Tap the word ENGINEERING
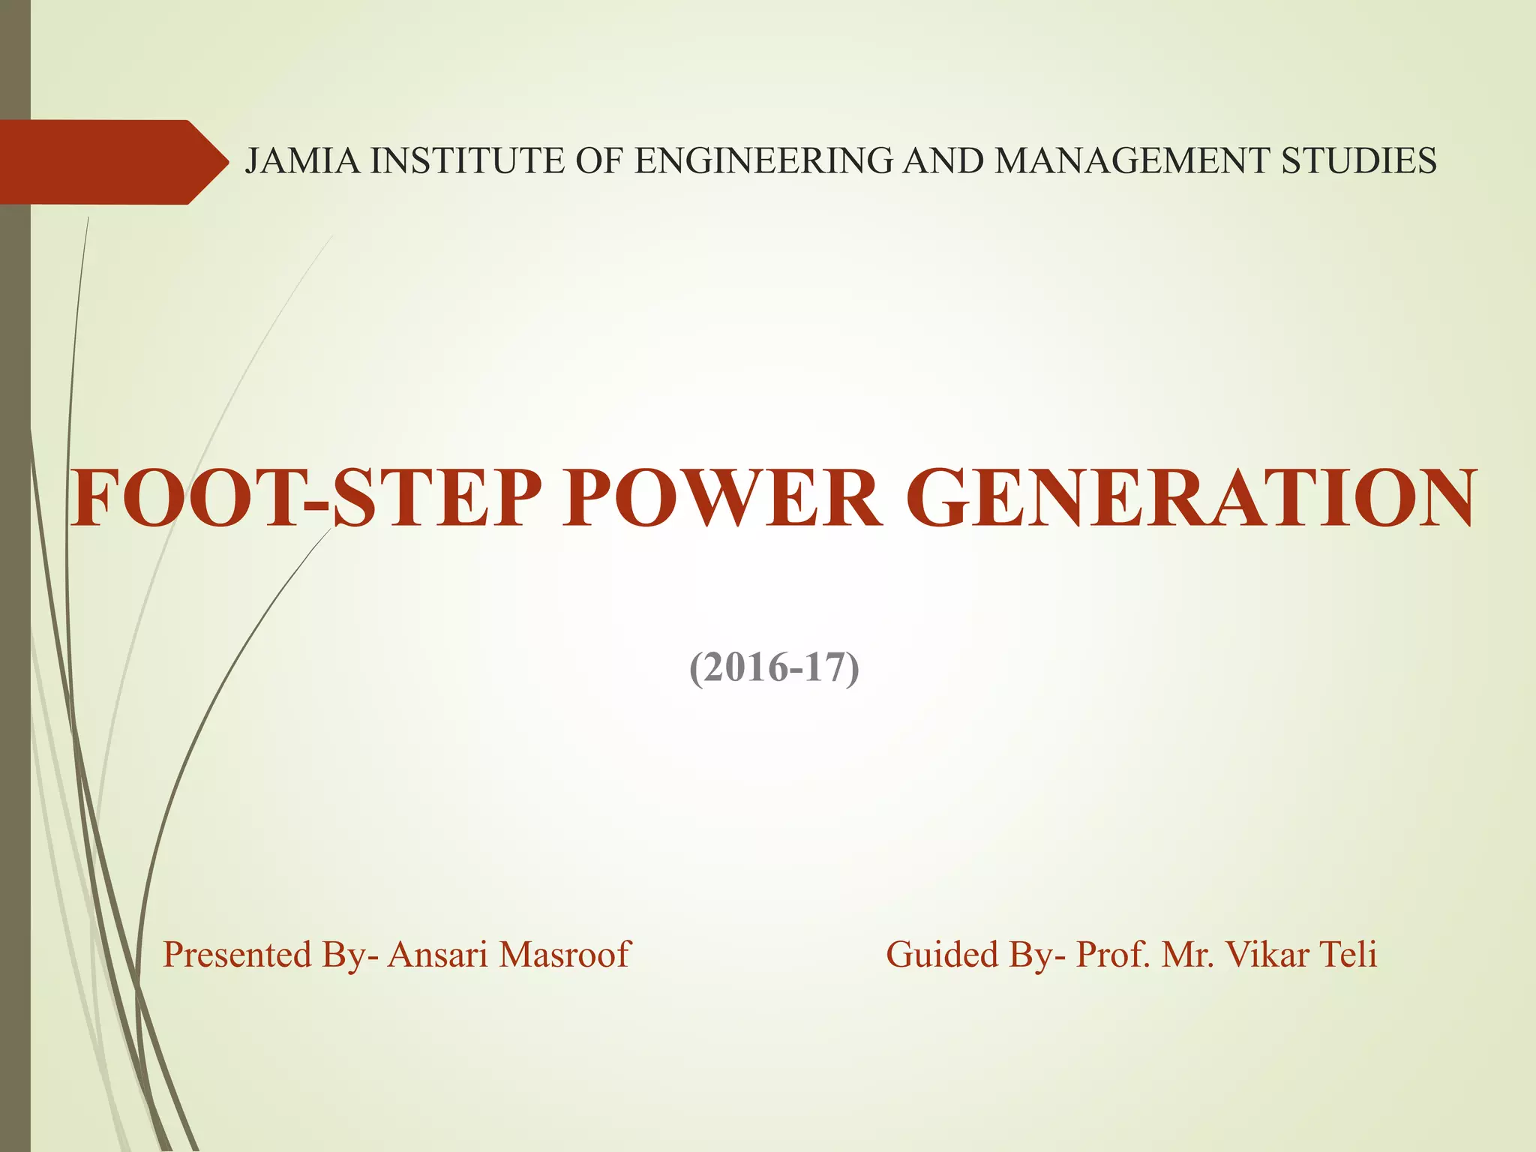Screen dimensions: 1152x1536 pyautogui.click(x=763, y=161)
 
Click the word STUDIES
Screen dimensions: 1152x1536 pyautogui.click(x=1358, y=161)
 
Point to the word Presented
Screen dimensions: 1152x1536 pyautogui.click(x=237, y=955)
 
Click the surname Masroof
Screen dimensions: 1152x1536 pyautogui.click(x=565, y=955)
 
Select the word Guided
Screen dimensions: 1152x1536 pyautogui.click(x=942, y=955)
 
